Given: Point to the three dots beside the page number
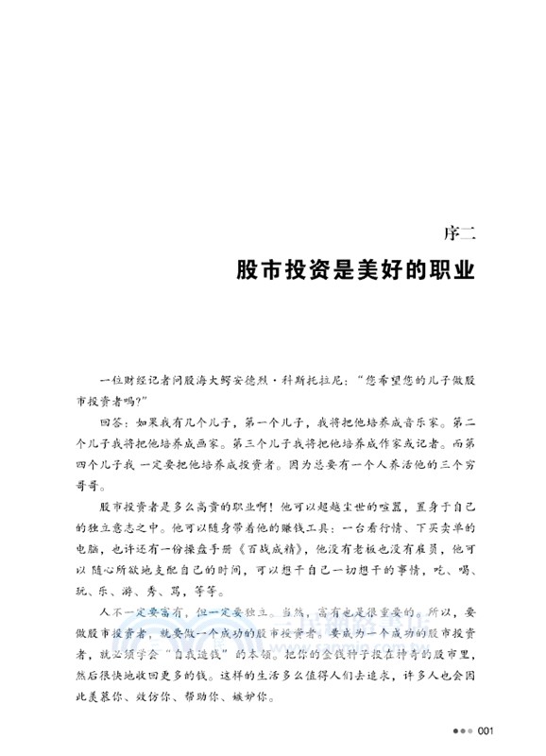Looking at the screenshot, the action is (462, 730).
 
